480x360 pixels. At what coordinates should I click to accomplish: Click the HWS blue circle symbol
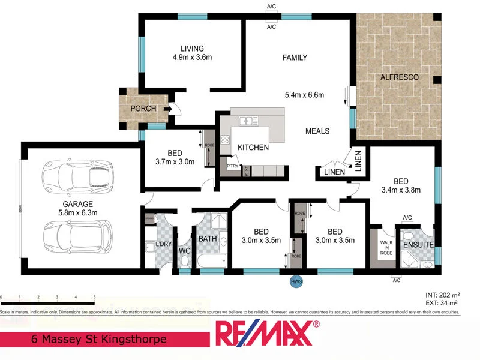point(296,280)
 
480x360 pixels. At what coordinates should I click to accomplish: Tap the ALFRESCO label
point(399,78)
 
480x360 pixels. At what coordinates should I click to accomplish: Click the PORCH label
point(143,109)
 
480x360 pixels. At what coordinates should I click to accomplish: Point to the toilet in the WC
point(184,262)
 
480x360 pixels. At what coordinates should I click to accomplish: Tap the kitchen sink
point(247,122)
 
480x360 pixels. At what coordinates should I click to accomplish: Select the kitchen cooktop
point(226,141)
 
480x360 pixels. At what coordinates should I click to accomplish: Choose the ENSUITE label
point(418,245)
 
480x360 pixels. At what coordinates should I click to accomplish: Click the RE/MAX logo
point(266,334)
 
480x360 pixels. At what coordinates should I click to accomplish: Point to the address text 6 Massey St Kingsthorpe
point(98,339)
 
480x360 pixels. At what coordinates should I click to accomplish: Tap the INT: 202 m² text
point(442,295)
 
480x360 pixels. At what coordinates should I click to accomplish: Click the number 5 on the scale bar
point(94,296)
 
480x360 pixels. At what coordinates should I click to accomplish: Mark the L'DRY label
point(163,245)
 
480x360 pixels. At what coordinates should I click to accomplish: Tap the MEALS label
point(317,131)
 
